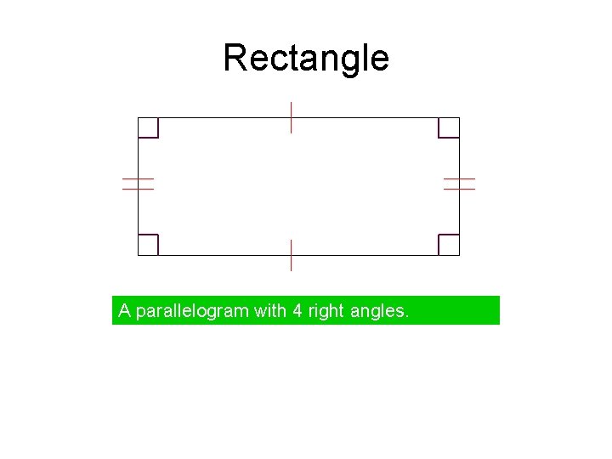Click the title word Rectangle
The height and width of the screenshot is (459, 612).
(306, 59)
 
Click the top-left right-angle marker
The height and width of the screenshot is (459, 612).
(149, 127)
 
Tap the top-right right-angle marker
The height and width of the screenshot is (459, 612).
(448, 127)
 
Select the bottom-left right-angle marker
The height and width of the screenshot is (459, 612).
(149, 244)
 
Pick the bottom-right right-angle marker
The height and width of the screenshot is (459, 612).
(448, 244)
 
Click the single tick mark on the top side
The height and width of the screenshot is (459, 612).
(291, 117)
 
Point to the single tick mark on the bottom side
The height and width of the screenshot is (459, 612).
(291, 255)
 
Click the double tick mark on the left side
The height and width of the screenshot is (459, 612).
(138, 184)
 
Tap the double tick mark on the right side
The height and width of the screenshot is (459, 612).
(459, 184)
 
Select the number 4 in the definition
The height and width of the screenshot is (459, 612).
(297, 311)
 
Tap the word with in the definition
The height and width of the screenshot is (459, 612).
(270, 311)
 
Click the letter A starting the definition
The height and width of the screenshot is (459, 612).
(124, 311)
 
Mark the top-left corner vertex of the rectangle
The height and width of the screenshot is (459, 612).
(139, 117)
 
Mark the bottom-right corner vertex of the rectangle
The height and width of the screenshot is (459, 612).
(459, 255)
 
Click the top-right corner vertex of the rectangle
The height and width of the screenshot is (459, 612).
(459, 117)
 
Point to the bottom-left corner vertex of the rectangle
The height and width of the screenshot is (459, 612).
(139, 255)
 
